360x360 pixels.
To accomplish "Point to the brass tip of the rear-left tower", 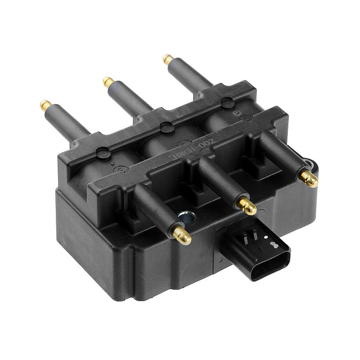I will click(x=45, y=105).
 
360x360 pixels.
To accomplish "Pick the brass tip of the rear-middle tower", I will click(x=108, y=82).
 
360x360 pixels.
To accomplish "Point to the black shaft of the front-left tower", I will click(x=153, y=209).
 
